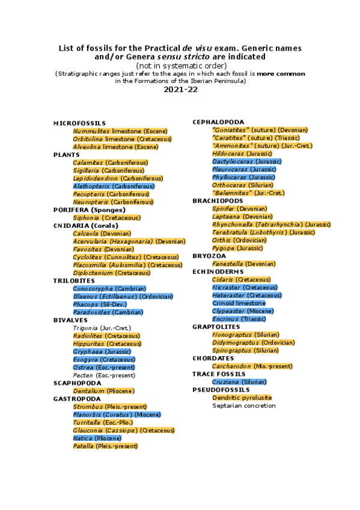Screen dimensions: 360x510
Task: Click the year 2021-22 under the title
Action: coord(180,90)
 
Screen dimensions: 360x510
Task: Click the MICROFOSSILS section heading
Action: coord(79,123)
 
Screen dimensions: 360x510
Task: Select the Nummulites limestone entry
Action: coord(120,131)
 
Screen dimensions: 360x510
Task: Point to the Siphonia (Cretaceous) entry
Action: coord(106,218)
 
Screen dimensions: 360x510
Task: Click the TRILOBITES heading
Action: coord(74,281)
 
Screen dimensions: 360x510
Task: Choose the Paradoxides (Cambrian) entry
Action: coord(108,312)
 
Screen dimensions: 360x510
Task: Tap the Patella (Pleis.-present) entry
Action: coord(105,446)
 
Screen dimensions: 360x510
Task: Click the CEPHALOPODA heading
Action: coord(218,122)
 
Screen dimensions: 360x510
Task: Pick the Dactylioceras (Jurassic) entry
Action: coord(246,161)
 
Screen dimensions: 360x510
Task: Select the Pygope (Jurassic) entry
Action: coord(237,248)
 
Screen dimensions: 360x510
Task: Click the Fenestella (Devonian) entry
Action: coord(243,263)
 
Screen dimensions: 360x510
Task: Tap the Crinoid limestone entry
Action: coord(239,303)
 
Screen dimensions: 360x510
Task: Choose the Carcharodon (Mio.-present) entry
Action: coord(252,366)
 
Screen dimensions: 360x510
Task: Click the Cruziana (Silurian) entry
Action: coord(239,382)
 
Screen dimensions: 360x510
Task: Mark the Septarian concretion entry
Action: coord(243,405)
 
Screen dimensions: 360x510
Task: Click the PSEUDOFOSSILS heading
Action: coord(220,390)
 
